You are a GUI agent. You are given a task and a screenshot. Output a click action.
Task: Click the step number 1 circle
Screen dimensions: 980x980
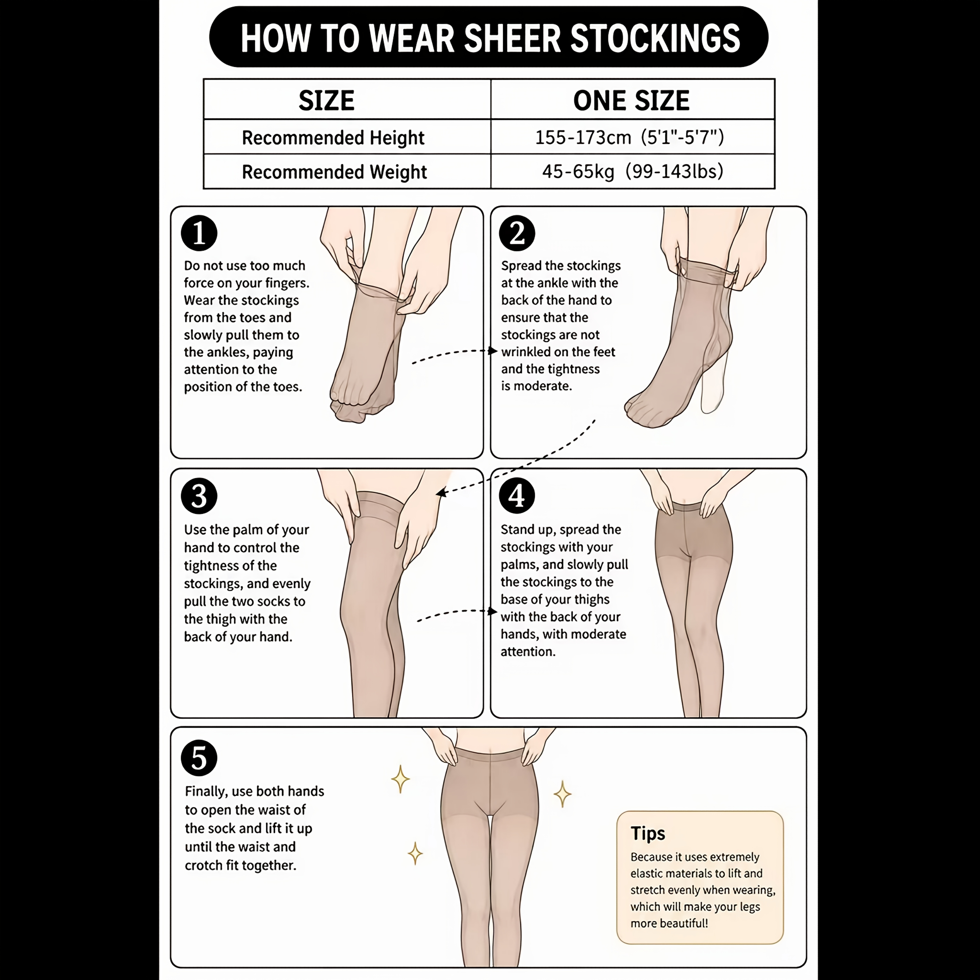coord(199,233)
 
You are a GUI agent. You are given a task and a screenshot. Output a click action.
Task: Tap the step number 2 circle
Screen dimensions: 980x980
coord(517,233)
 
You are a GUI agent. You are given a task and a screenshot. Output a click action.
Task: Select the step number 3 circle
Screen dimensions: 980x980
coord(199,495)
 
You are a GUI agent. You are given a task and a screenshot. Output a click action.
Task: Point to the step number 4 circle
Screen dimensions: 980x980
coord(517,495)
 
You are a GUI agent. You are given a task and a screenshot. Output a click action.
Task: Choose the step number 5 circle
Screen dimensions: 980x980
coord(199,758)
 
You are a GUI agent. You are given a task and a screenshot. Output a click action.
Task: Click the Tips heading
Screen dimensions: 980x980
coord(648,833)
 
